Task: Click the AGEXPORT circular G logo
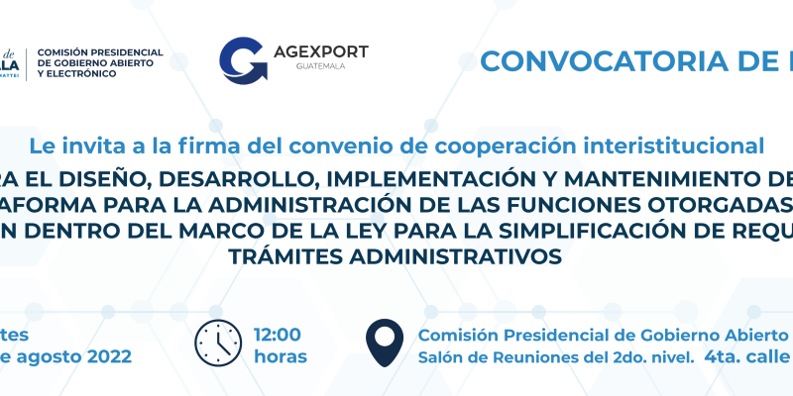(x=242, y=61)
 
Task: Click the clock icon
(x=219, y=344)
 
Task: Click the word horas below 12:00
(x=281, y=356)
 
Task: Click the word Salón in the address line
(x=443, y=356)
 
